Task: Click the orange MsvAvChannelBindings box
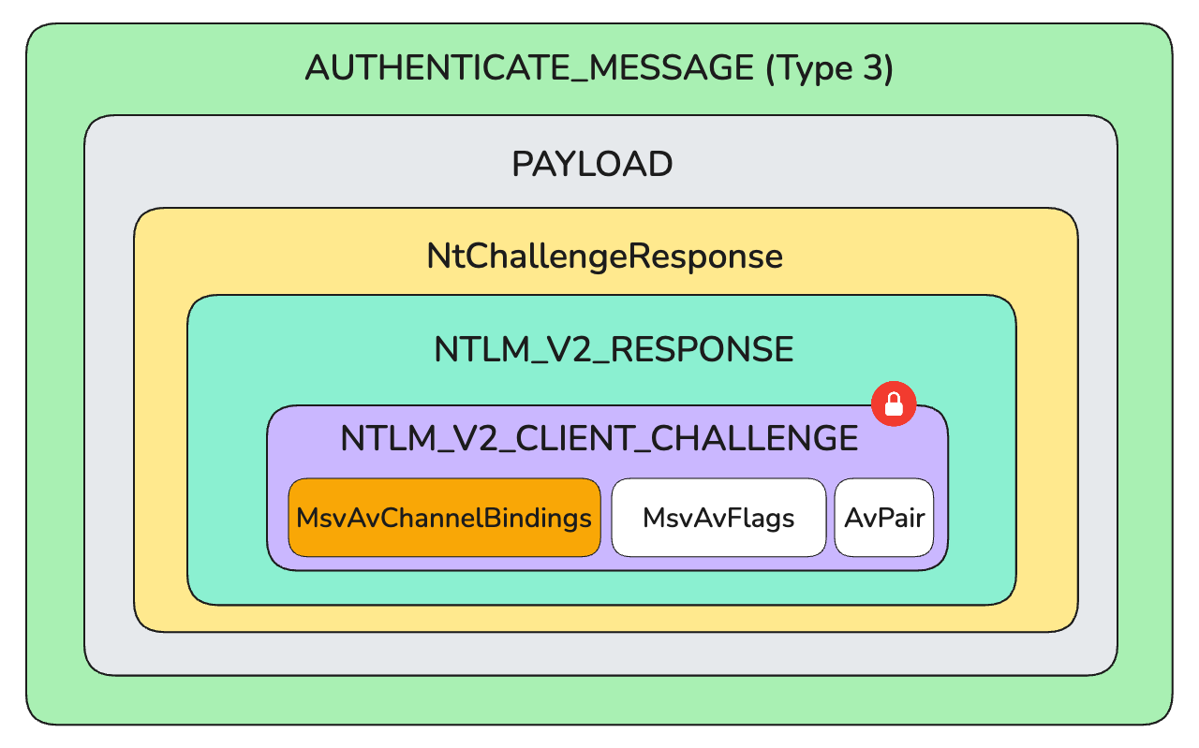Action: pos(444,518)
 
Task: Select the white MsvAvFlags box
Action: pos(718,518)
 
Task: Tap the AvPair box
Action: pos(884,518)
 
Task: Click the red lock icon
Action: pos(894,403)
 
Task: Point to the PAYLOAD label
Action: pos(592,165)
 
